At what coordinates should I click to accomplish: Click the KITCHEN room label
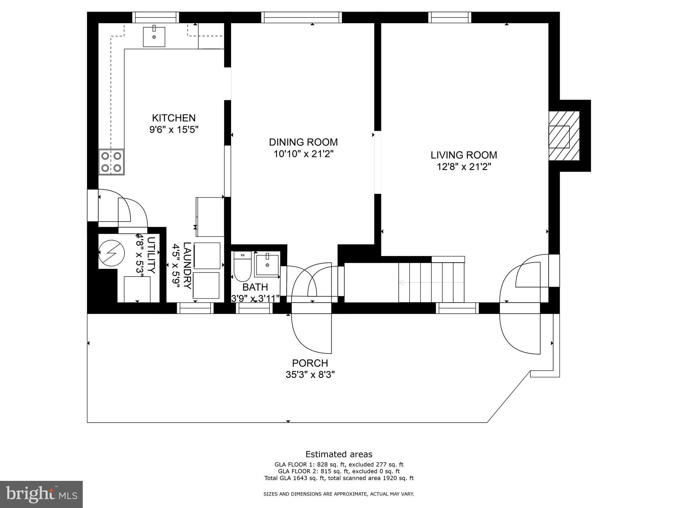click(173, 118)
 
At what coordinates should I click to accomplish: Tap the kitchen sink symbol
click(154, 37)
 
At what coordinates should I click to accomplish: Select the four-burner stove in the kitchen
click(111, 162)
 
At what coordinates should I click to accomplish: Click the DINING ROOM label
click(303, 142)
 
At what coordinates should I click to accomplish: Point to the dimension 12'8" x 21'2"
click(463, 167)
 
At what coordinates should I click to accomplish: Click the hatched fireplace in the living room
click(564, 136)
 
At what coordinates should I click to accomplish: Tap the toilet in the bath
click(243, 267)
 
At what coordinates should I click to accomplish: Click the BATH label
click(255, 287)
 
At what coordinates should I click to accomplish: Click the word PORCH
click(310, 363)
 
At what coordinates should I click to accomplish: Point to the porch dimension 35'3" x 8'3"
click(310, 375)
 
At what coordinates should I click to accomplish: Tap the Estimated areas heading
click(339, 454)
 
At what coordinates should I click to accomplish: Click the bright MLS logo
click(41, 494)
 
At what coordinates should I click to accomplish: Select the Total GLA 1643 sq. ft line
click(339, 478)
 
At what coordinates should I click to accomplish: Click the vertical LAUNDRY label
click(187, 266)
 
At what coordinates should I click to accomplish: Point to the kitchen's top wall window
click(156, 17)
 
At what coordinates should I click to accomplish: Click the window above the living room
click(450, 17)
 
